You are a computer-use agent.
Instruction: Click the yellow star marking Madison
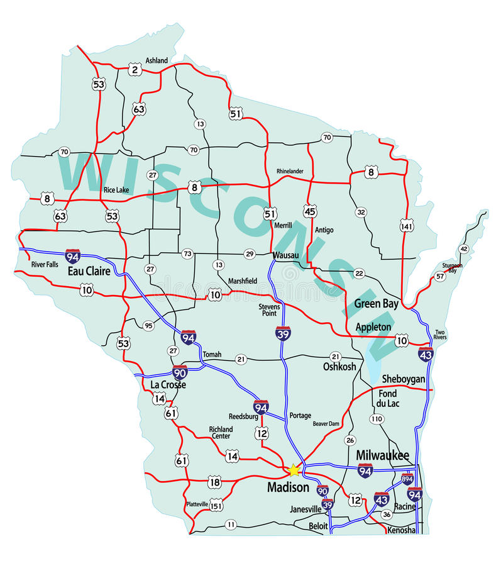(294, 470)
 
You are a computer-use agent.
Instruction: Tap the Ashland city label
(157, 60)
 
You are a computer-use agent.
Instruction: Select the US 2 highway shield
(135, 70)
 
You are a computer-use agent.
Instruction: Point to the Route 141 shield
(406, 225)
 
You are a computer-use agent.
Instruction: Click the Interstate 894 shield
(407, 479)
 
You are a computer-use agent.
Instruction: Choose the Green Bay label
(376, 304)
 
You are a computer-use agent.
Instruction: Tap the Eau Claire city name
(89, 272)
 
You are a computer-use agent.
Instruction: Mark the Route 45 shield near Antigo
(310, 211)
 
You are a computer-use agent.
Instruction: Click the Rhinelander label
(290, 171)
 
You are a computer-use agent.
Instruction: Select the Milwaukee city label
(382, 455)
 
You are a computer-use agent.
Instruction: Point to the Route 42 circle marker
(464, 249)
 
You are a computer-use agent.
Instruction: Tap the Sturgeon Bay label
(452, 269)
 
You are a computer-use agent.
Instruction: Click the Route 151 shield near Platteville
(216, 505)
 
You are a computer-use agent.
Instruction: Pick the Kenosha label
(402, 530)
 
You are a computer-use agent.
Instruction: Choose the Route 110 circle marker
(377, 419)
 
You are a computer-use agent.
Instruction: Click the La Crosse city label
(168, 384)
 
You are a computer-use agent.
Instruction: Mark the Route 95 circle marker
(148, 326)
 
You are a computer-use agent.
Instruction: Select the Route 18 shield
(214, 482)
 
